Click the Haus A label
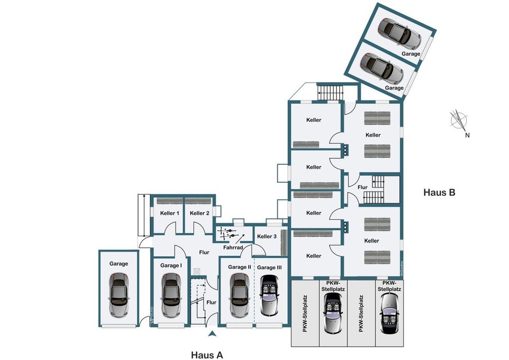pos(207,355)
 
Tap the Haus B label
pos(439,192)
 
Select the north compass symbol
pos(459,121)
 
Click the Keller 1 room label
pos(170,213)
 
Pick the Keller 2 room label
pos(199,213)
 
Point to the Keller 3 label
pos(267,237)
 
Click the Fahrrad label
pos(233,247)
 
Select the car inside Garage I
pos(170,295)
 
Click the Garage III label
pos(269,267)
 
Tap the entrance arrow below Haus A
pos(212,333)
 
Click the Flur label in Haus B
pos(362,187)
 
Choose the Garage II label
pos(240,267)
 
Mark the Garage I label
pos(171,266)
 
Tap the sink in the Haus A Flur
pos(197,272)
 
